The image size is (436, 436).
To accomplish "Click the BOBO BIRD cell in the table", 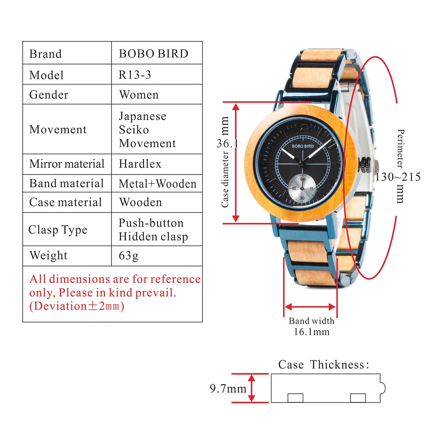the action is pos(153,54).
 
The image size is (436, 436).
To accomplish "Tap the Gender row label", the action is pos(49,95).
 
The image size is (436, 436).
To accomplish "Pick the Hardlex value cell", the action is pos(140,164).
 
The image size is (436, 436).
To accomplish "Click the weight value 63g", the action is pos(128,255).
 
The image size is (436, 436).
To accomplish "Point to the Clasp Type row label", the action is pos(58,230).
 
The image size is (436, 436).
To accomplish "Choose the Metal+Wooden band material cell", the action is pos(157,183).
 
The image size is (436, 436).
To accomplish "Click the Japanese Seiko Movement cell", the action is pos(147,129).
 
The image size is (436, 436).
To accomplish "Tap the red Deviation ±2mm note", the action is pos(77,306).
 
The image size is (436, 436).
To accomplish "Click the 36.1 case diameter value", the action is pos(227,143).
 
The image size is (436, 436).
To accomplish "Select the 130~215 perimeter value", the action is pos(398,177).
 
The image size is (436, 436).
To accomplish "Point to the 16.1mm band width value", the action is pos(311,332).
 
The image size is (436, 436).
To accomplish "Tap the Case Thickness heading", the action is pos(324,364).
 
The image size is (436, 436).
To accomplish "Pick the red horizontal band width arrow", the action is pos(310,307).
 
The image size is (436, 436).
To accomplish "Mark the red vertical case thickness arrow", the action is pos(251,388).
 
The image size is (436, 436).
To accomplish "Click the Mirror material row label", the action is pos(67,164).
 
